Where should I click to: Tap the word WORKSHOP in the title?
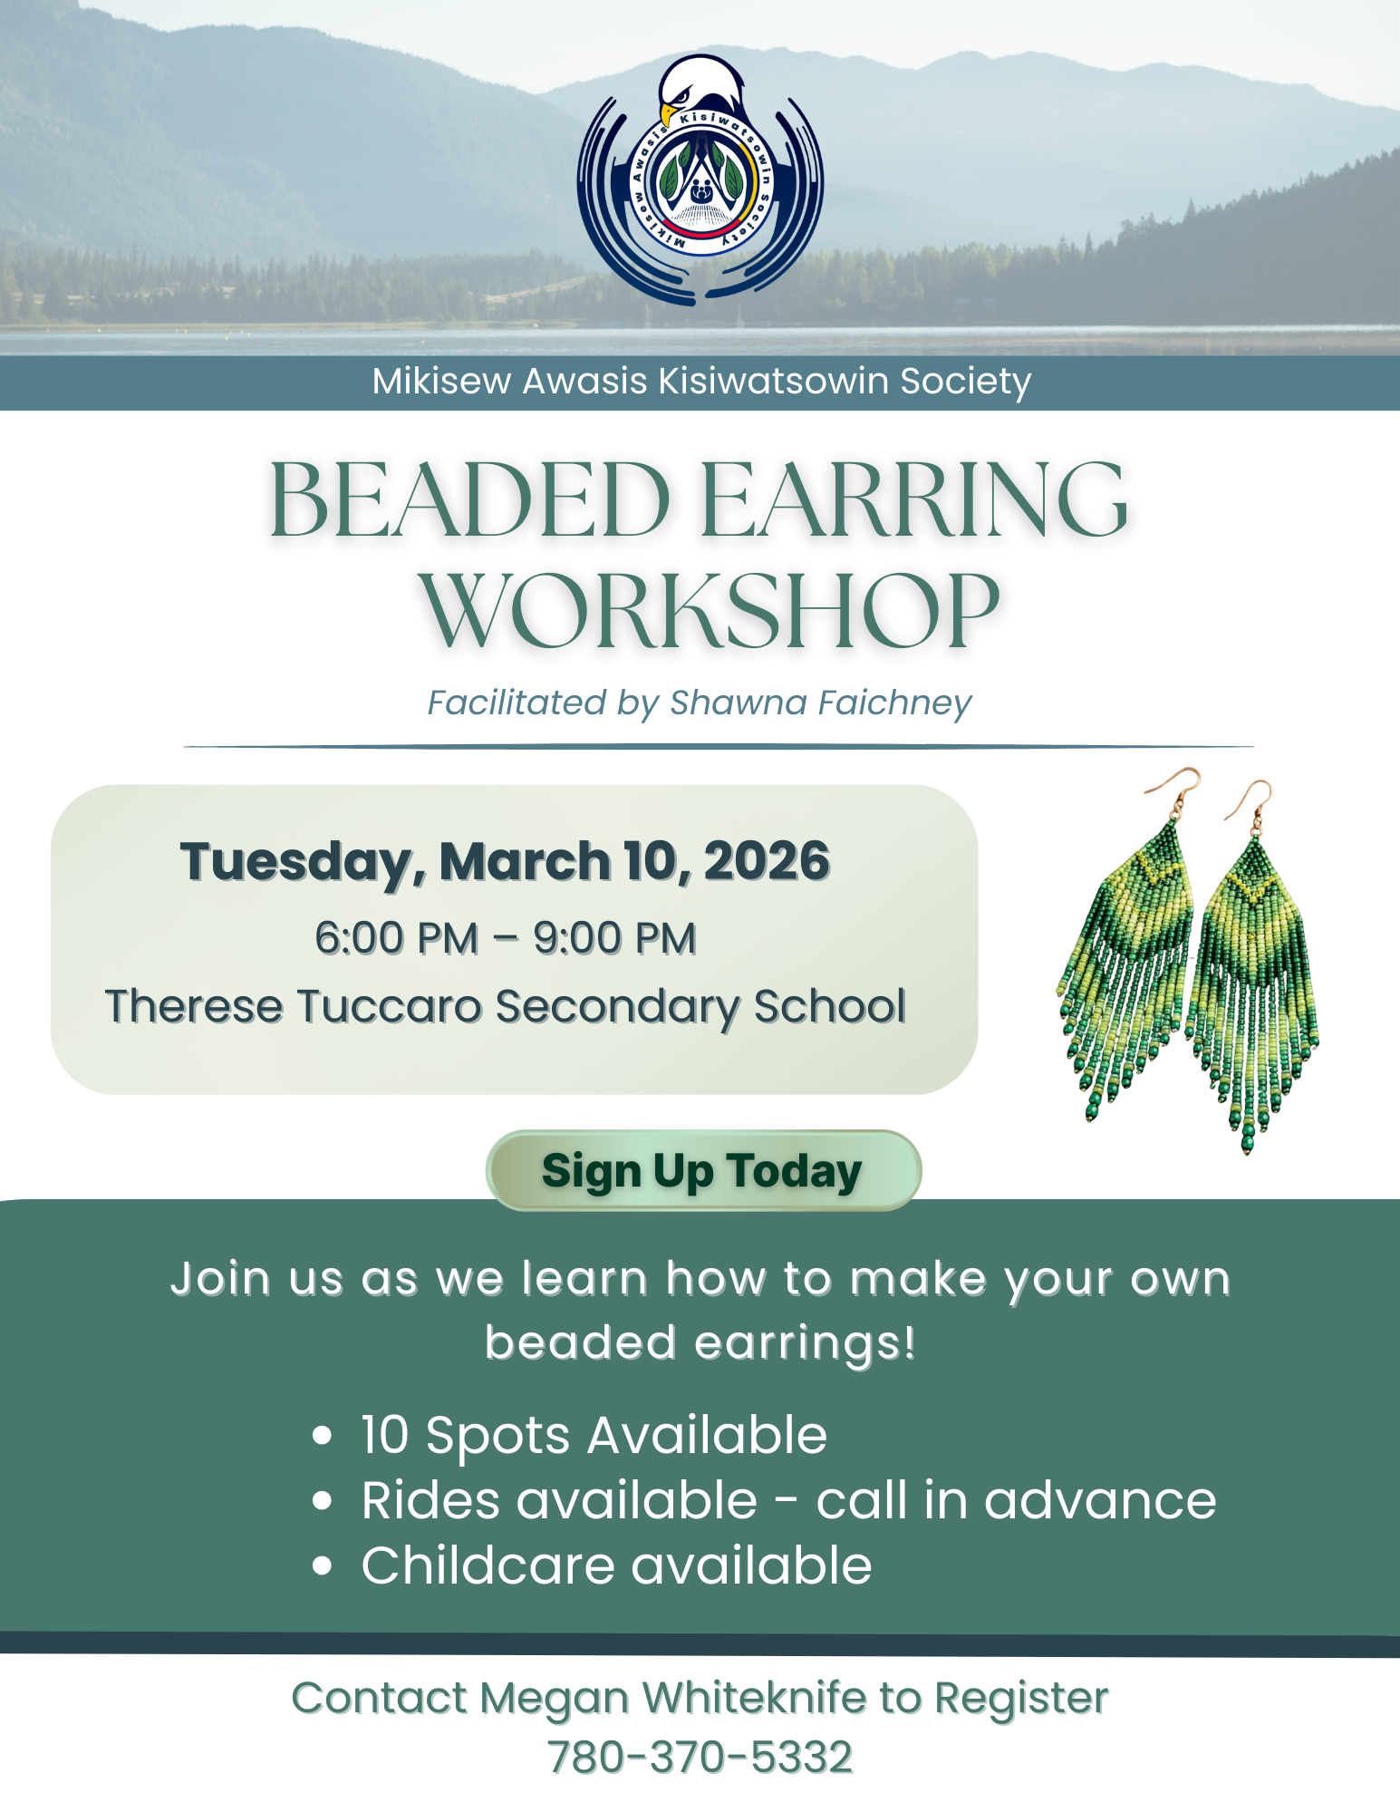pos(709,611)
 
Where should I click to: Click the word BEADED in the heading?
pos(469,499)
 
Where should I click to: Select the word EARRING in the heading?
pos(915,499)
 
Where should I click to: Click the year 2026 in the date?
pos(767,860)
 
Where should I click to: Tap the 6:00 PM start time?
pos(396,938)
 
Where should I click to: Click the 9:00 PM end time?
pos(614,938)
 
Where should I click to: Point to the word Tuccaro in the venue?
pos(389,1006)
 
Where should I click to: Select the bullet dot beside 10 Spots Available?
pos(322,1437)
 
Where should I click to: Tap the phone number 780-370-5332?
pos(700,1757)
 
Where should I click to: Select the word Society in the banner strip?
pos(965,382)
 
